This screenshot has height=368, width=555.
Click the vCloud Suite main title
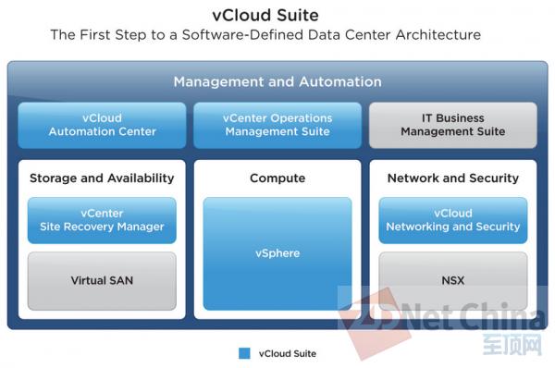point(277,15)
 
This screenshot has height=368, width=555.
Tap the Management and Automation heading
point(277,82)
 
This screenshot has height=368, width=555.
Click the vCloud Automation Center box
point(102,125)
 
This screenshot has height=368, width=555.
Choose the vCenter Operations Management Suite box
point(277,125)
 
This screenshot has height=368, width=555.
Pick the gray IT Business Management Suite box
point(452,125)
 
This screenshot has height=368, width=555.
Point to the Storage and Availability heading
point(102,178)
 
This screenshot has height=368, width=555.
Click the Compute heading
point(277,178)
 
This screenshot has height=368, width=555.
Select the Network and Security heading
point(452,178)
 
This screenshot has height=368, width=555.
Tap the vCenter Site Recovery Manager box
point(102,220)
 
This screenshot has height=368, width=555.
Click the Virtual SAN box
point(102,280)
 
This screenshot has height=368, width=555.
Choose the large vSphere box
point(277,253)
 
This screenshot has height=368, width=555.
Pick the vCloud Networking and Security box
point(452,220)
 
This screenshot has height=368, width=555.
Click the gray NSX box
point(452,280)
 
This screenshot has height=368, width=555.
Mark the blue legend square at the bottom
point(244,352)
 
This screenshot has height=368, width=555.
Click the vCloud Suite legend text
point(288,352)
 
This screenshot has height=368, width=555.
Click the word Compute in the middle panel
point(277,178)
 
